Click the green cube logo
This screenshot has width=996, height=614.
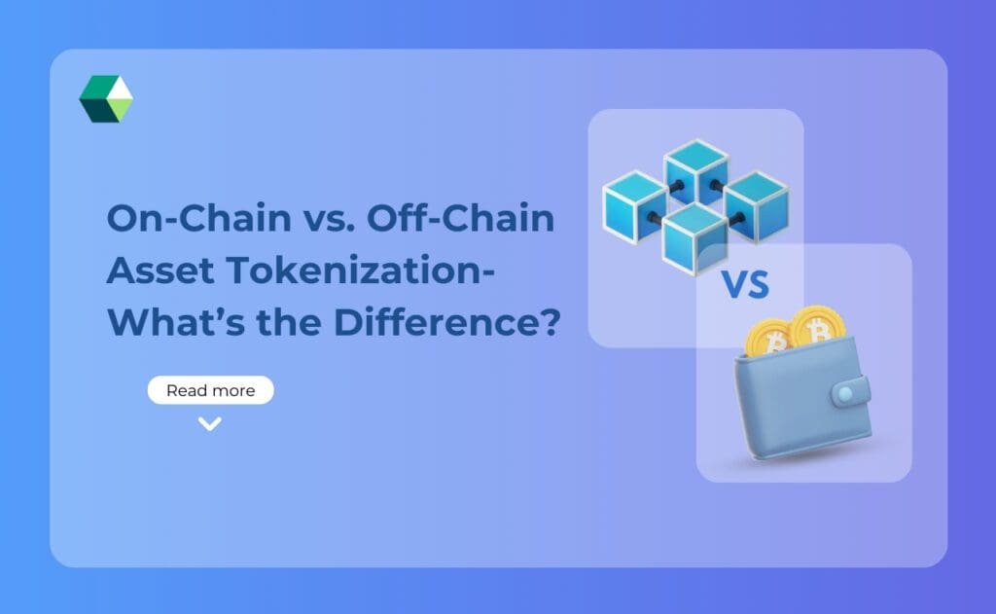(106, 98)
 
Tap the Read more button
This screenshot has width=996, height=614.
(210, 390)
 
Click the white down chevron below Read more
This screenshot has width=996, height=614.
(210, 423)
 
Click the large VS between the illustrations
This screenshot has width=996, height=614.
(745, 285)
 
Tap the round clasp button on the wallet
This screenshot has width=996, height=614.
(845, 393)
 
